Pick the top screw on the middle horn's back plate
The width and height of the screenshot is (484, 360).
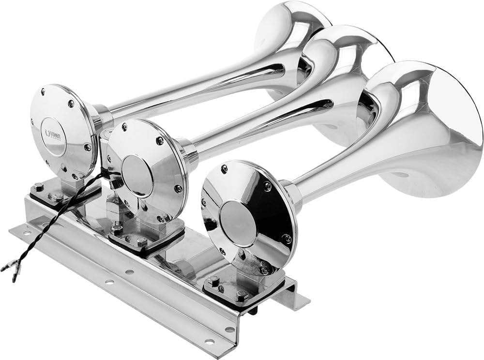tap(124, 127)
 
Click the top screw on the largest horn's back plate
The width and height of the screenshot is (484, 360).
tap(224, 168)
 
